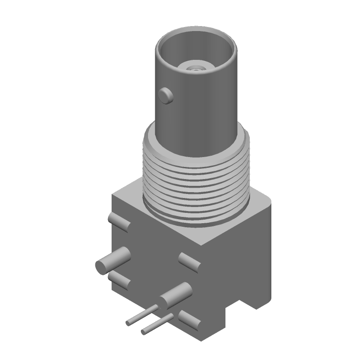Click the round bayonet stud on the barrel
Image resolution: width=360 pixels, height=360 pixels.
pos(166,95)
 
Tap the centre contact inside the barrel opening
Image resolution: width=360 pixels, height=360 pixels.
pos(195,68)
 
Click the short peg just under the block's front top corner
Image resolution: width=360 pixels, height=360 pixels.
pos(189,262)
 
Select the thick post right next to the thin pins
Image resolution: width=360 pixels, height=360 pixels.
pos(175,295)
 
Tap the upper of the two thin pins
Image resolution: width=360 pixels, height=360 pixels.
pos(142,315)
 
